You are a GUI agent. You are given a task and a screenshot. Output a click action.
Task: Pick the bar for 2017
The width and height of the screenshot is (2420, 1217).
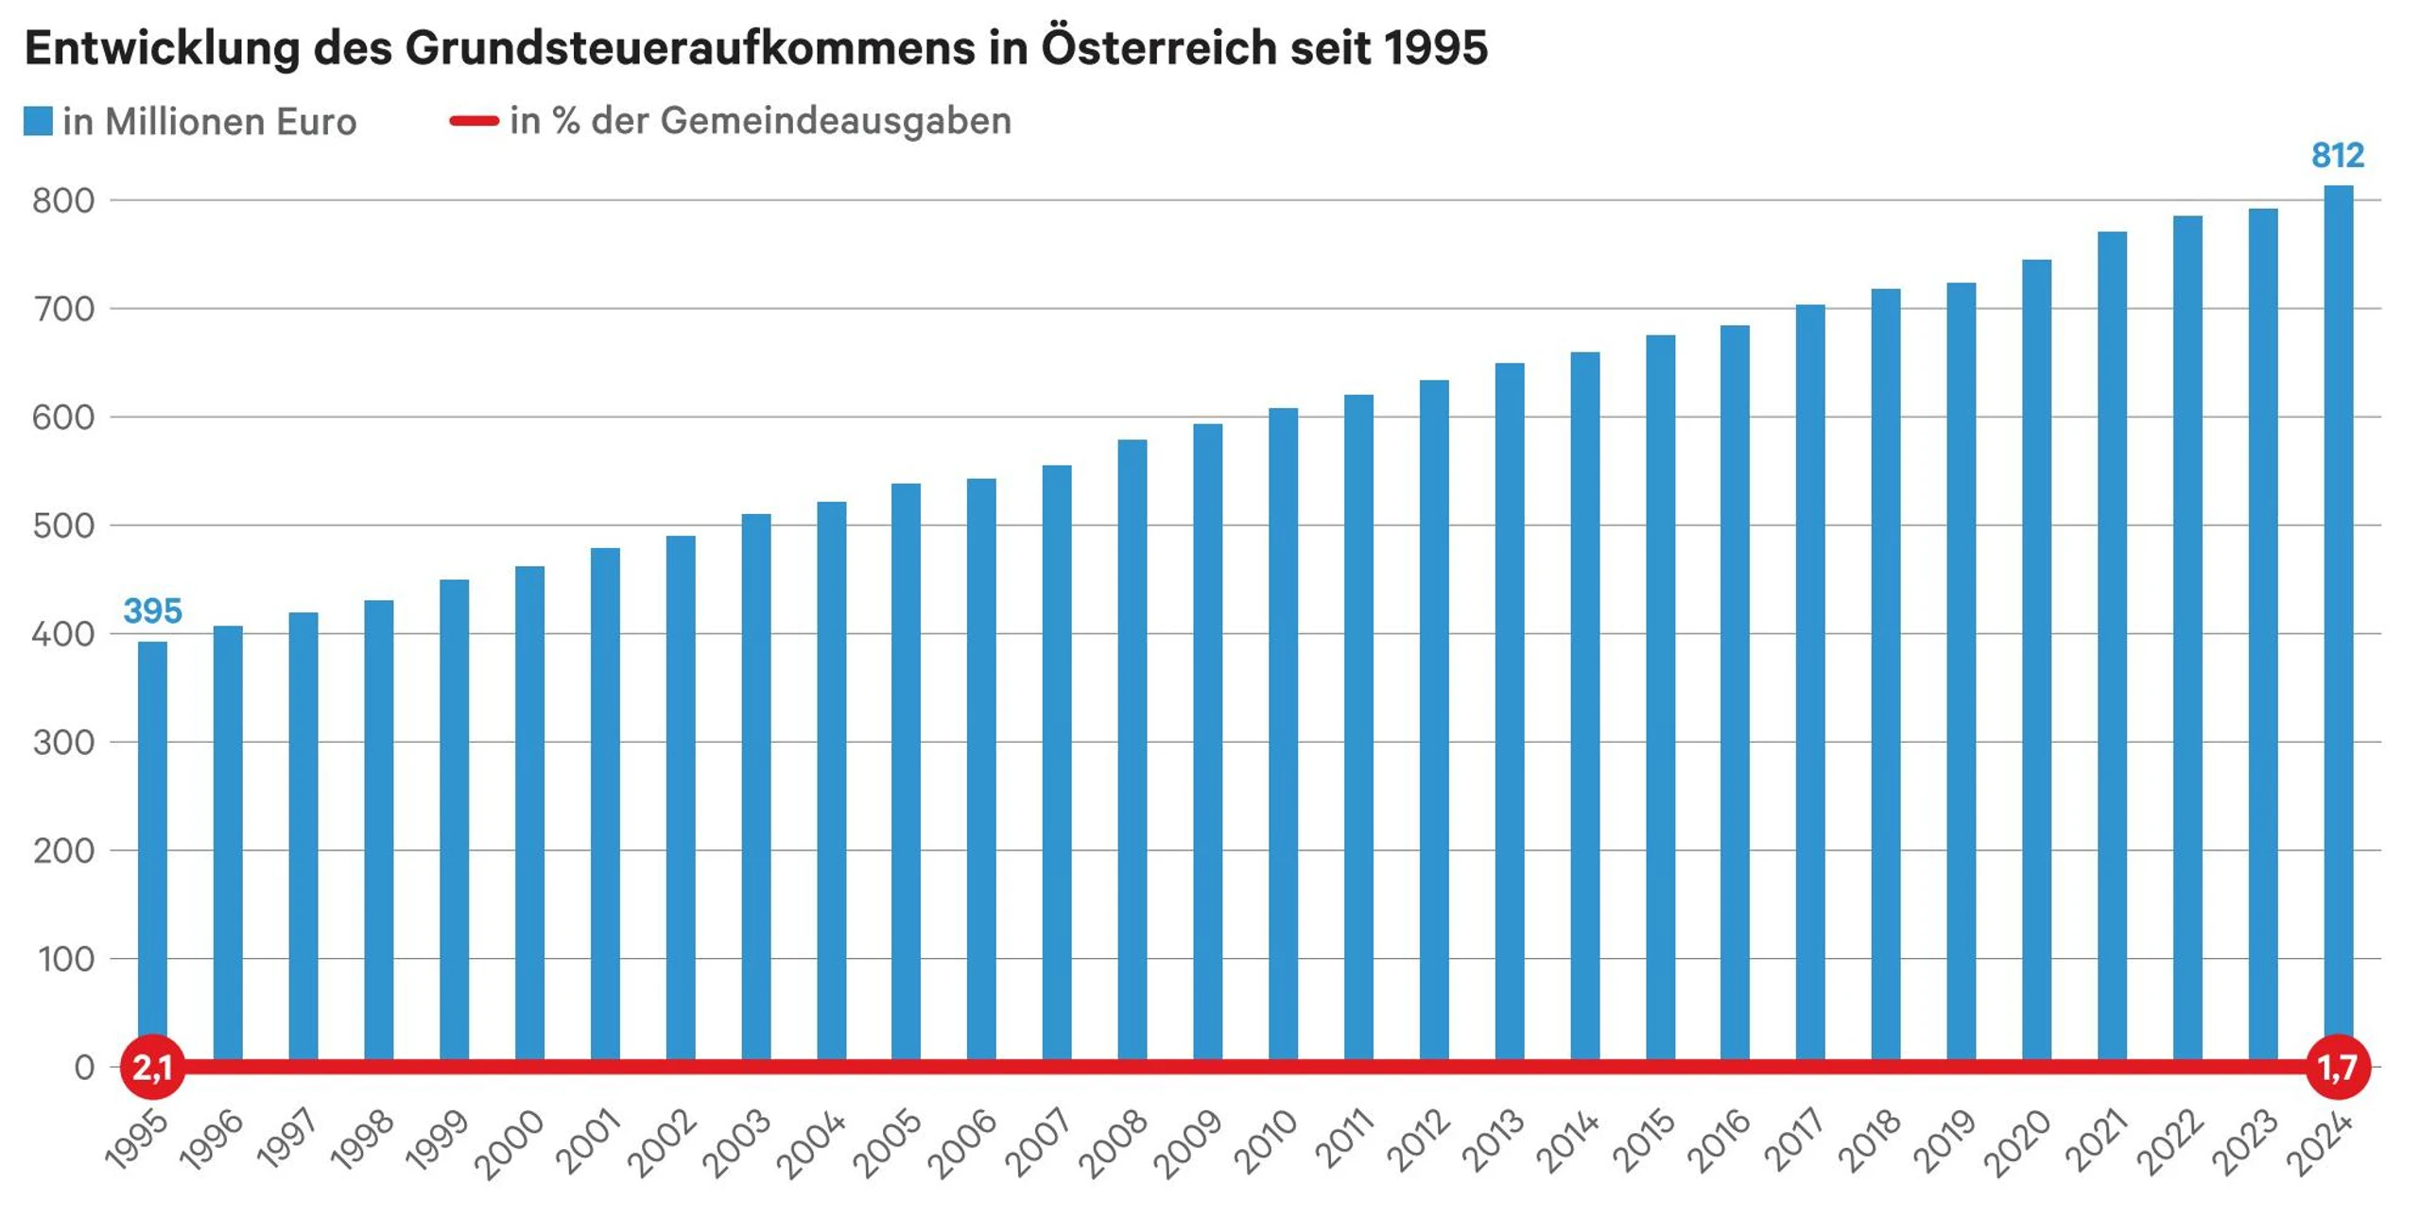pos(1809,680)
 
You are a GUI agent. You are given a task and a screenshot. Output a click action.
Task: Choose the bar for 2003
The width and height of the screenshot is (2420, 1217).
pos(755,784)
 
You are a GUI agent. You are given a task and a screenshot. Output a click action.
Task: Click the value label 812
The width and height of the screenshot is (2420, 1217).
pos(2337,155)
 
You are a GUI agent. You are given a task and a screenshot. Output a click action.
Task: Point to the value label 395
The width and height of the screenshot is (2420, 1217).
pos(152,611)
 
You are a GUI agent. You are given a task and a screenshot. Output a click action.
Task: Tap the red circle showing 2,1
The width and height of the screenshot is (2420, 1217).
pos(152,1068)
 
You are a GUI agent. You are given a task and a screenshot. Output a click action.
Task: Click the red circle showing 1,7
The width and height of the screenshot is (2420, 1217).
pos(2338,1068)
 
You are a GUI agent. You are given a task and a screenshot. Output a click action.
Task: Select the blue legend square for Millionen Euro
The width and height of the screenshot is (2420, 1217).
pos(38,121)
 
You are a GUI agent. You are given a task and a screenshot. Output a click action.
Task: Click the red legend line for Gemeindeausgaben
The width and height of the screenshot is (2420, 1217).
pos(474,121)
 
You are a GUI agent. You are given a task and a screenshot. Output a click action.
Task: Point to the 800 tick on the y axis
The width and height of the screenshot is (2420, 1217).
pos(63,200)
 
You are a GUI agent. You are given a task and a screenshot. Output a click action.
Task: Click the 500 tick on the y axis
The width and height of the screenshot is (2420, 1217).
pos(63,525)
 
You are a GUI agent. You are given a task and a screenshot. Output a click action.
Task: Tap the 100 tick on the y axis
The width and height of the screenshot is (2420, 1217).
pos(66,959)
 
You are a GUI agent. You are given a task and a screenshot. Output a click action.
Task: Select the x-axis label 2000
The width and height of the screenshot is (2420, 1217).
pos(510,1145)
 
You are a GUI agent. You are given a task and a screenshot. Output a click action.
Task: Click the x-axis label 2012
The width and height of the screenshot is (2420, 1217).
pos(1418,1141)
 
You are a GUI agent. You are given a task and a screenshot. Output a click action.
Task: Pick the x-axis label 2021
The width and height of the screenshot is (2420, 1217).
pos(2097,1141)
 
